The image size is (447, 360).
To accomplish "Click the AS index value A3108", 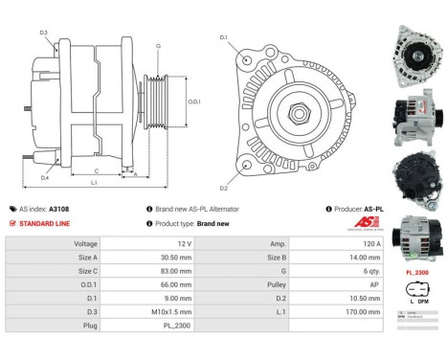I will pos(59,208).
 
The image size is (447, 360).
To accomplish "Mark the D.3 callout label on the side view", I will pos(44,34).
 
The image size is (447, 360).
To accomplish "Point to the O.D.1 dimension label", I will pos(193,101).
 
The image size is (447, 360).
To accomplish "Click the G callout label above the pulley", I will pos(158,45).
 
